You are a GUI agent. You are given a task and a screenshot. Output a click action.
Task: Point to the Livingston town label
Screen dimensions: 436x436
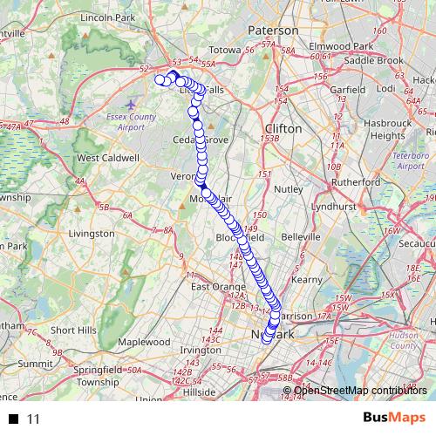coord(91,234)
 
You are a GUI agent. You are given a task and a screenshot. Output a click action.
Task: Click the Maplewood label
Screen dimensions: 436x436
coord(144,342)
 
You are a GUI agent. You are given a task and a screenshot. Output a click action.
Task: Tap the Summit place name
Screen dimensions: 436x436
coord(36,363)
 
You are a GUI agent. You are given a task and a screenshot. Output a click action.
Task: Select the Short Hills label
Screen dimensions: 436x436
coord(73,330)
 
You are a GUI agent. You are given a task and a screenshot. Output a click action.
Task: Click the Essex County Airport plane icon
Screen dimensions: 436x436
coord(131,106)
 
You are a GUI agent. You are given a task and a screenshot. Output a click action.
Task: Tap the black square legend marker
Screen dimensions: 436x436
coord(13,419)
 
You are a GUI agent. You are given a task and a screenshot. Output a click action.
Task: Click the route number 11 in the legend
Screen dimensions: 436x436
coord(34,419)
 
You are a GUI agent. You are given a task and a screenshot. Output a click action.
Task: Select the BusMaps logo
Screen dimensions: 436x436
coord(393,418)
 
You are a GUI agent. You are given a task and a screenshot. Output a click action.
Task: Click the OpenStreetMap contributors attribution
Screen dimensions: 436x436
coord(360,390)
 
